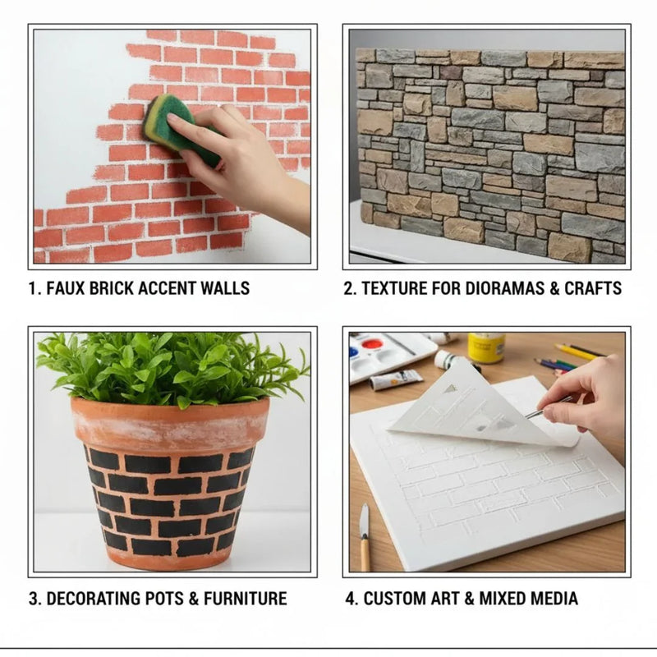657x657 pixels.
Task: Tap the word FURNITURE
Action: click(246, 598)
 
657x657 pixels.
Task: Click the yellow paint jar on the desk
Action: click(486, 348)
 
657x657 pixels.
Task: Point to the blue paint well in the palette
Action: click(356, 351)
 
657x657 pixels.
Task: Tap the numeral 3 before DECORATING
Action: click(34, 598)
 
